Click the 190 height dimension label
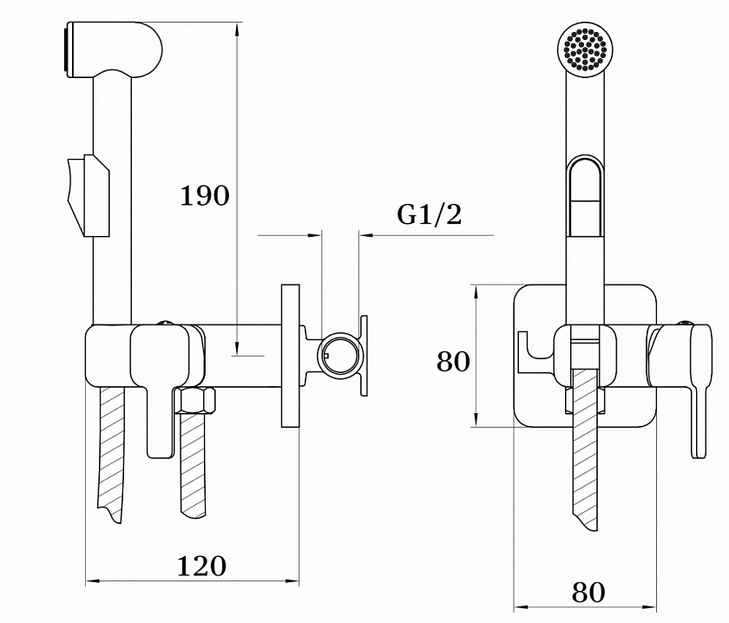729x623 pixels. coord(205,195)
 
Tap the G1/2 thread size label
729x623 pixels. coord(429,214)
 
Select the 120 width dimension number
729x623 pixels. coord(201,566)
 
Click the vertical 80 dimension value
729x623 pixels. coord(453,361)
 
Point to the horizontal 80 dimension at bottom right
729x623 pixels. coord(588,592)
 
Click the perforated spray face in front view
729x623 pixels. coord(585,49)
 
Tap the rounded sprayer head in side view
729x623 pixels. coord(113,49)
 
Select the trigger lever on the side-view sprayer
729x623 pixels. coord(89,195)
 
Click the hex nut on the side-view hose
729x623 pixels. coord(195,400)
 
